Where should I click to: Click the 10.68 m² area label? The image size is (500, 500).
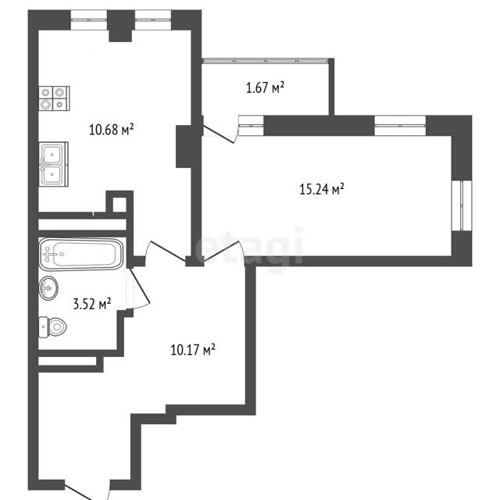pos(111,130)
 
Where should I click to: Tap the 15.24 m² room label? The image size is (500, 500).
pos(321,189)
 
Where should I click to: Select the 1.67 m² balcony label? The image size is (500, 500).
pos(265,87)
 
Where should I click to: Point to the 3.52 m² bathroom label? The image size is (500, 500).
pos(92,304)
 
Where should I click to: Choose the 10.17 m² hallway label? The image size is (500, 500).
pos(193,350)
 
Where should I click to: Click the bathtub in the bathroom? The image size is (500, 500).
pos(81,254)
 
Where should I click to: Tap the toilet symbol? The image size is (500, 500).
pos(52,327)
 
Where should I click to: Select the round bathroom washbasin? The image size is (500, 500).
pos(48,288)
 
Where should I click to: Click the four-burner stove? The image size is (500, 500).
pos(54,98)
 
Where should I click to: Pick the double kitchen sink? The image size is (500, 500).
pos(53,164)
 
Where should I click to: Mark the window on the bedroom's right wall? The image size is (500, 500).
pos(462,205)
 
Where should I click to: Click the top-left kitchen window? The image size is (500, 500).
pos(88,20)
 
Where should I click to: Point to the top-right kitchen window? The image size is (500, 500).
pos(153,20)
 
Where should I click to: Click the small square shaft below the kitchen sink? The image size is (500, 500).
pos(120,205)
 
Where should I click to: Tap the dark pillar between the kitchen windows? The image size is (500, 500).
pos(121,26)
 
